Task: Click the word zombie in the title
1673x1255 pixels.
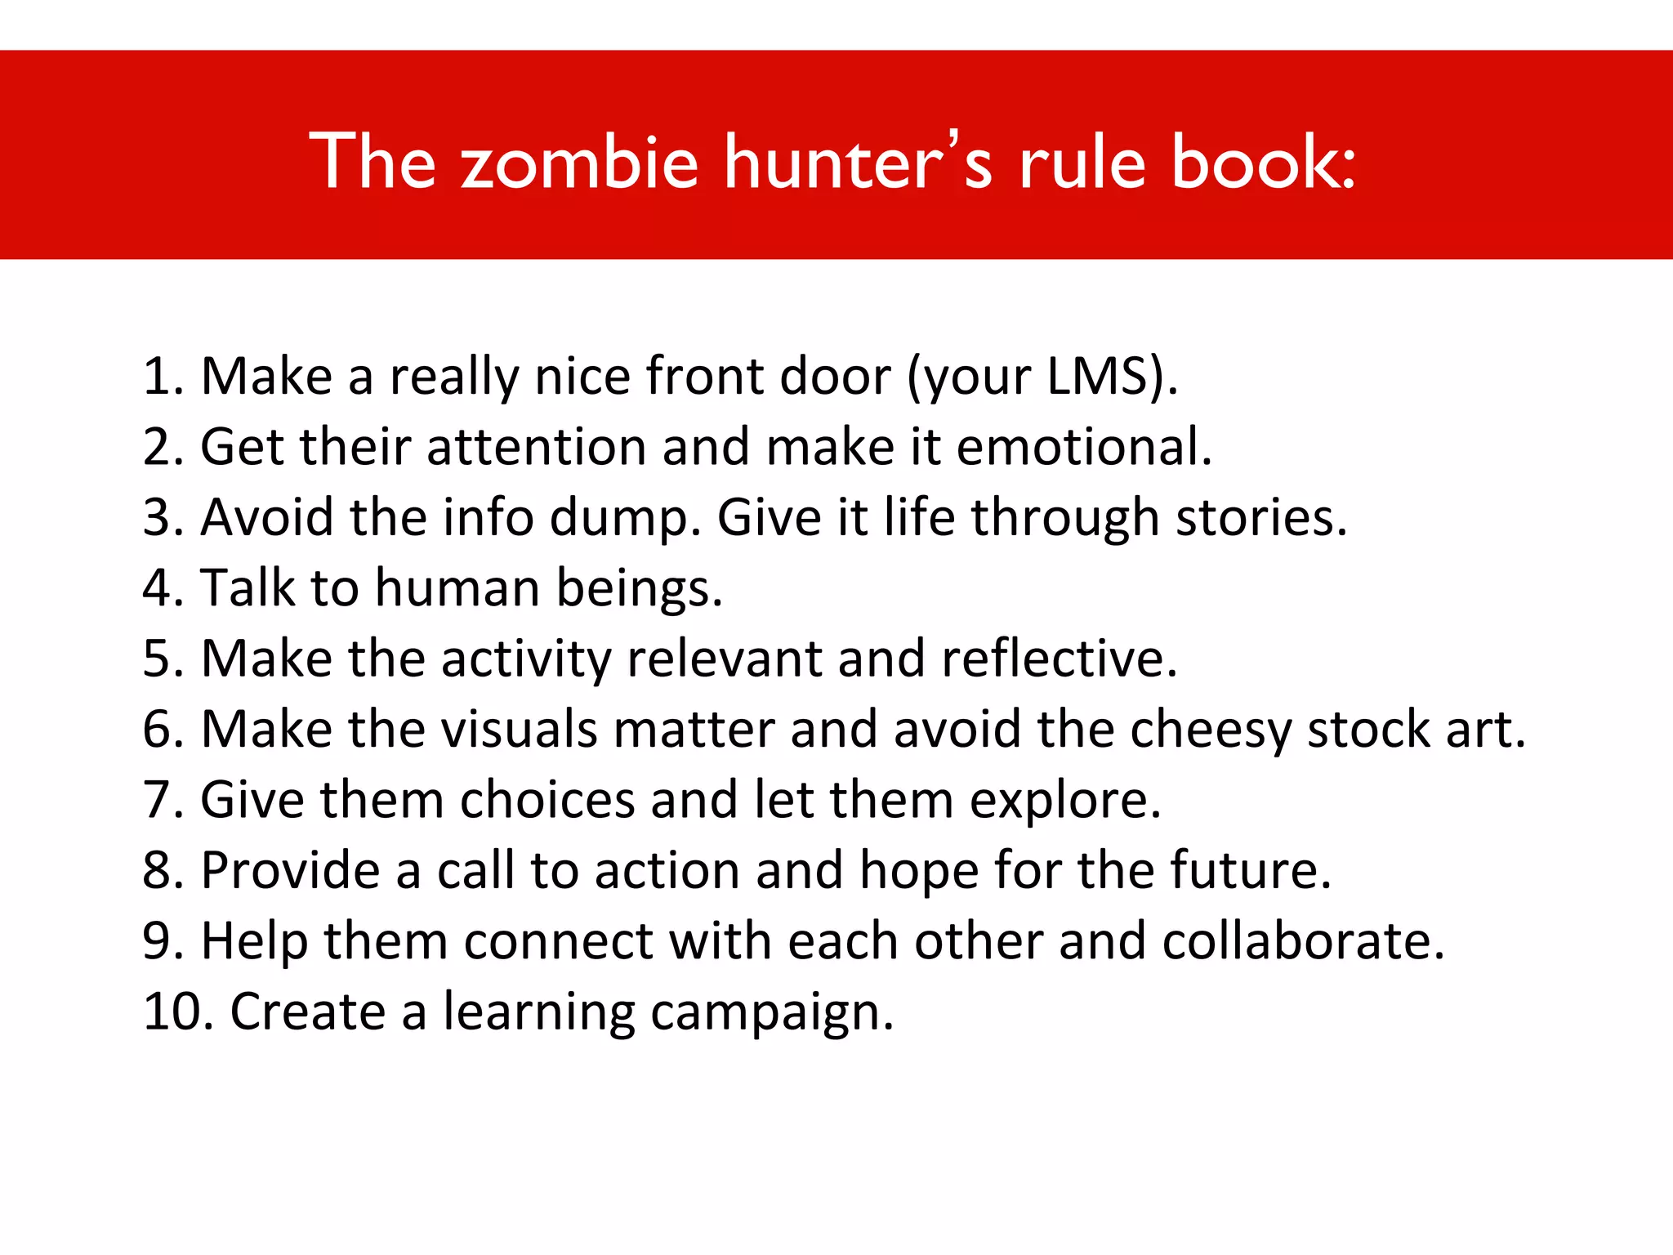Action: pos(580,163)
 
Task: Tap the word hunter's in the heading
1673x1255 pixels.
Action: pos(858,163)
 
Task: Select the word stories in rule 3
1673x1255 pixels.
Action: pos(1254,518)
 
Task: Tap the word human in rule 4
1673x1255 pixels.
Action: pos(457,588)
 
